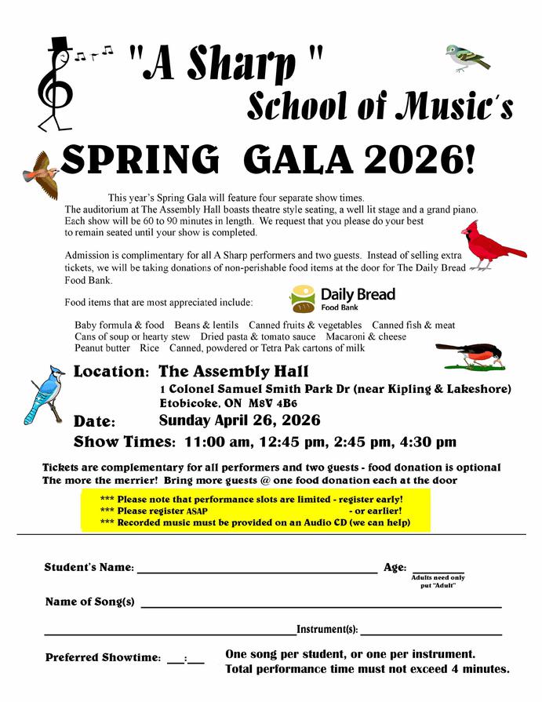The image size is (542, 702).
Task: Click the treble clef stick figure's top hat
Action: coord(59,44)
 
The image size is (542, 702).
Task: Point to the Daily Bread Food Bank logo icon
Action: coord(303,299)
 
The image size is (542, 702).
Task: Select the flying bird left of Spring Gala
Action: coord(42,174)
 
